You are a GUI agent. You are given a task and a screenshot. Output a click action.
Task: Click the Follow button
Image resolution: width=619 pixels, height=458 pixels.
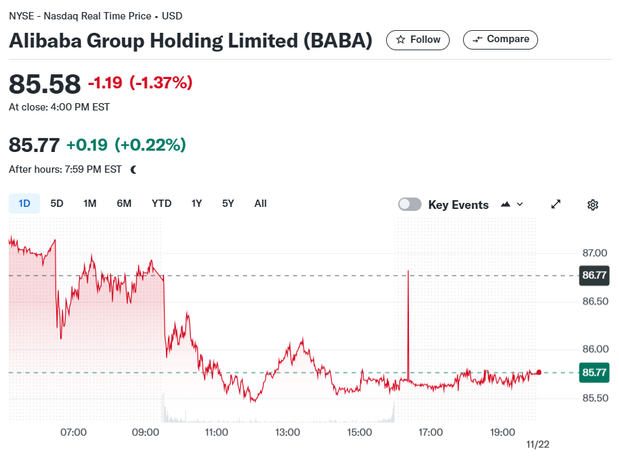pyautogui.click(x=418, y=40)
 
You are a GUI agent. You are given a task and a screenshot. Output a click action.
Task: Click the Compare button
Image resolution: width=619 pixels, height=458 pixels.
pyautogui.click(x=500, y=40)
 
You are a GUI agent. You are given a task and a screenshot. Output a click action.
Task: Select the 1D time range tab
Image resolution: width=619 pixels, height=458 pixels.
pyautogui.click(x=25, y=204)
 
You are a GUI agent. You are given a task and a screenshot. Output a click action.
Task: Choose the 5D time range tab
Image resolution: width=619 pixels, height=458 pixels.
pyautogui.click(x=57, y=204)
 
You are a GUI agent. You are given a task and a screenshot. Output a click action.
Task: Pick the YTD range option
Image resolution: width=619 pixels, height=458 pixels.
pyautogui.click(x=161, y=204)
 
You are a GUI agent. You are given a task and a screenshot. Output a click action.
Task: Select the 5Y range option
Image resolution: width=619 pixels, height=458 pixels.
pyautogui.click(x=228, y=204)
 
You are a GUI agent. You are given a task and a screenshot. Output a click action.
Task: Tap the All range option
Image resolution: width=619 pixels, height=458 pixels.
pyautogui.click(x=260, y=204)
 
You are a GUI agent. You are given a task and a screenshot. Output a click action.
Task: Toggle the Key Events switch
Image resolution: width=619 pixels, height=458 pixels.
pyautogui.click(x=410, y=204)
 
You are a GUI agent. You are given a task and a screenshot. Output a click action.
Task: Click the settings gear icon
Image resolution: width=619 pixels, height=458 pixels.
pyautogui.click(x=592, y=205)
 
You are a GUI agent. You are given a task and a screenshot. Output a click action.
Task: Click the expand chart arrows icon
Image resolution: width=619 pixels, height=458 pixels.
pyautogui.click(x=556, y=204)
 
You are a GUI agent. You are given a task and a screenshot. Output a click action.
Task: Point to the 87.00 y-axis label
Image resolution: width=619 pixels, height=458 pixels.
pyautogui.click(x=595, y=253)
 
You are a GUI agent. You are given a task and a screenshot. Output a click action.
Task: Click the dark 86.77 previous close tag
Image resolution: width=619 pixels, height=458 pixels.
pyautogui.click(x=594, y=275)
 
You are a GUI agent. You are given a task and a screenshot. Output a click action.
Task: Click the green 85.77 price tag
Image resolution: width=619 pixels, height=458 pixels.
pyautogui.click(x=594, y=373)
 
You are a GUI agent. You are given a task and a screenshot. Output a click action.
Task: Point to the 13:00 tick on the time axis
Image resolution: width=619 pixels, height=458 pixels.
pyautogui.click(x=287, y=433)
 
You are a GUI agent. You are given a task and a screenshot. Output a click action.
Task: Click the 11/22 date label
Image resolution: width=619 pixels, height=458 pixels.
pyautogui.click(x=537, y=445)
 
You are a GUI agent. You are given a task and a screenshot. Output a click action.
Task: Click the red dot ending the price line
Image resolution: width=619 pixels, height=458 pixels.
pyautogui.click(x=539, y=372)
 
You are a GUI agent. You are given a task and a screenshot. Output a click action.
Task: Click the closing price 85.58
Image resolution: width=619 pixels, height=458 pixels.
pyautogui.click(x=45, y=84)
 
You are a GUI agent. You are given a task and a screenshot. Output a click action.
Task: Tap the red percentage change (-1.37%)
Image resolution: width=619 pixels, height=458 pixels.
pyautogui.click(x=161, y=82)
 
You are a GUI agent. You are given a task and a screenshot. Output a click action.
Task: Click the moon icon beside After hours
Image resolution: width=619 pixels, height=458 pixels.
pyautogui.click(x=133, y=169)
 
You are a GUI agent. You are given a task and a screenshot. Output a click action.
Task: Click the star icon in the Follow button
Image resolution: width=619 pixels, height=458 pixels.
pyautogui.click(x=401, y=40)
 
